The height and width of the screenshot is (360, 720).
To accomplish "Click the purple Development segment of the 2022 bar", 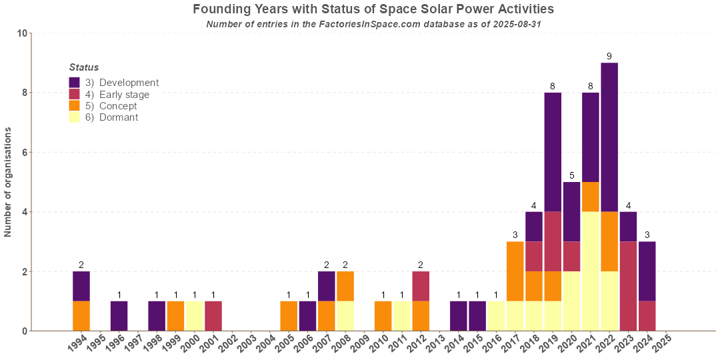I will [609, 137].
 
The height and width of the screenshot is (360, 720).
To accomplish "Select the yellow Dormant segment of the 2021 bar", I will [591, 271].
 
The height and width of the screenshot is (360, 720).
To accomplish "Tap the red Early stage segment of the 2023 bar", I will [628, 286].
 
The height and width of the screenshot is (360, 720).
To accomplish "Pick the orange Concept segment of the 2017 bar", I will [515, 271].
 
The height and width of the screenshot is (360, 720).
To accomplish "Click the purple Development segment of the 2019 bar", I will [553, 152].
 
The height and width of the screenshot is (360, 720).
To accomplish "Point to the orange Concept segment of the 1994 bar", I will [81, 316].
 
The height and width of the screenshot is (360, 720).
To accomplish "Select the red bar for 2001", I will [213, 316].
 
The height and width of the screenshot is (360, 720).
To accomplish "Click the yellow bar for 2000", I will [195, 316].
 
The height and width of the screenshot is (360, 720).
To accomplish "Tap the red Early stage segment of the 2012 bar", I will [421, 286].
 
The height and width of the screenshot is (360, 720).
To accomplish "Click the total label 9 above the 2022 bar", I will [609, 56].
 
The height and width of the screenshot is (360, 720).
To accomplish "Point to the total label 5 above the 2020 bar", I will [571, 175].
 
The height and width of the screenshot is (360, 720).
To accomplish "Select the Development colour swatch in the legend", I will [75, 83].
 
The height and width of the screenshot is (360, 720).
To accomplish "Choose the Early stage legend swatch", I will [75, 95].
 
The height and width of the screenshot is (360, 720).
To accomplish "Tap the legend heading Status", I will [84, 67].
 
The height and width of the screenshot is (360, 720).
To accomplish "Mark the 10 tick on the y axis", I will [22, 33].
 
